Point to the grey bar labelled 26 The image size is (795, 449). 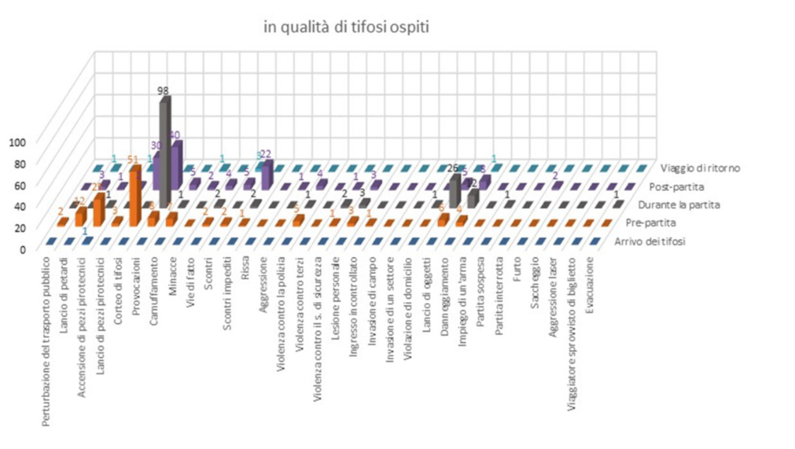(x=455, y=190)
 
